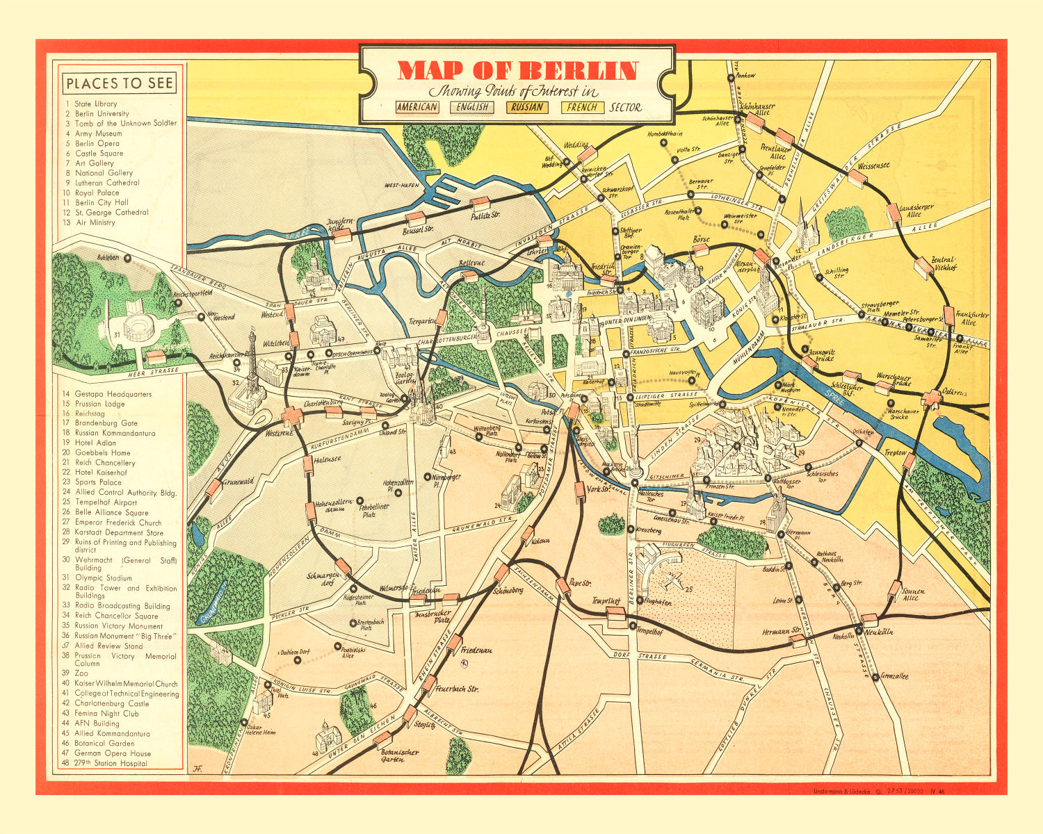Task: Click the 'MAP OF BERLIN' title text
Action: pos(517,71)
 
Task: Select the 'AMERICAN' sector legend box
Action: pos(417,107)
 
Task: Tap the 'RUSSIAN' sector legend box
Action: pos(527,107)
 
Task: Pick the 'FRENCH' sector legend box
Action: pos(582,107)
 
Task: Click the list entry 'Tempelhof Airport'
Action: pos(106,502)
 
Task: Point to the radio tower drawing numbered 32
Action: pos(249,375)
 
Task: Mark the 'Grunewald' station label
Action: pos(238,480)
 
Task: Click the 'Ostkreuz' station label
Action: pos(954,393)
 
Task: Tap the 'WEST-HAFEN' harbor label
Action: pos(402,186)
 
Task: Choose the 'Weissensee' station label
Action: pos(873,167)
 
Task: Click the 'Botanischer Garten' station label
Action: pos(399,756)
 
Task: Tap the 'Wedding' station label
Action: pos(576,146)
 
